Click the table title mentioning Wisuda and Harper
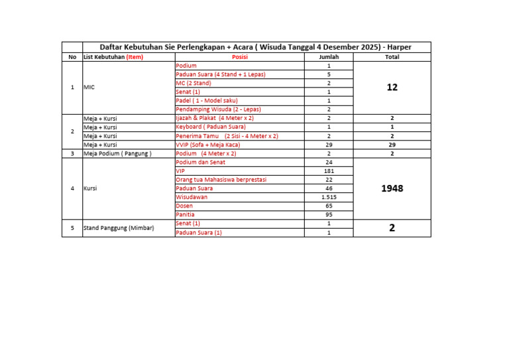tap(256, 47)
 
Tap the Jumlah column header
tap(329, 57)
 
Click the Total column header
tap(392, 57)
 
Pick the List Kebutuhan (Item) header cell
tap(113, 57)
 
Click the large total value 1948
tap(392, 188)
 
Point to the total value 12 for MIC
tap(392, 88)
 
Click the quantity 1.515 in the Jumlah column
tap(329, 197)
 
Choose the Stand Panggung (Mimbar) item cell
tap(119, 228)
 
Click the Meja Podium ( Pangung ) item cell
tap(117, 153)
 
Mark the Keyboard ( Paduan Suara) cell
tap(210, 127)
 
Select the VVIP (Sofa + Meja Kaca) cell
tap(207, 145)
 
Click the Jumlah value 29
tap(329, 145)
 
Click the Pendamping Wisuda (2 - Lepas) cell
tap(218, 109)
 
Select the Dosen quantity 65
tap(329, 206)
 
